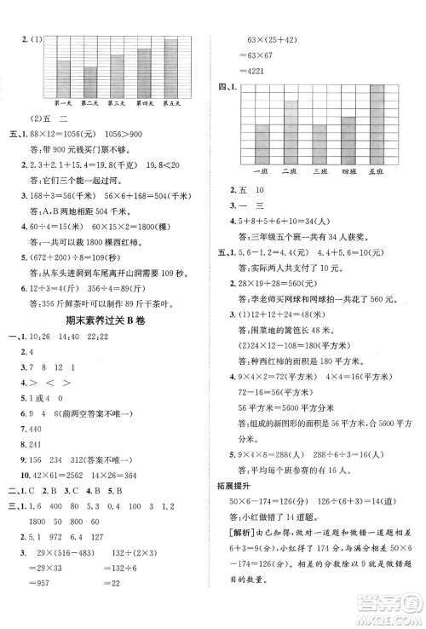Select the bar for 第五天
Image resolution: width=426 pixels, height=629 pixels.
170,68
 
